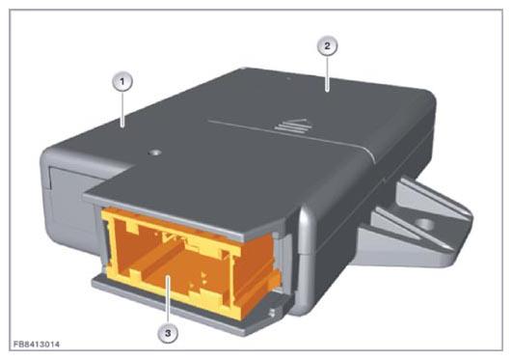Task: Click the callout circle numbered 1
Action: (x=122, y=81)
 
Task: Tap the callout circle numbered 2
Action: (x=327, y=46)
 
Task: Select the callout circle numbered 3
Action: (x=168, y=333)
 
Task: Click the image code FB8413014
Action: (x=37, y=345)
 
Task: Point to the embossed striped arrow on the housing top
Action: (x=294, y=125)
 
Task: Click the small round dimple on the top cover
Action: (x=155, y=152)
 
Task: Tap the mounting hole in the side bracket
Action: (x=424, y=224)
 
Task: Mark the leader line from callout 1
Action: (x=122, y=109)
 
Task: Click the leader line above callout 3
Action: (x=168, y=299)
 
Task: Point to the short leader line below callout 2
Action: (x=327, y=74)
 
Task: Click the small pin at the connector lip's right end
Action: (x=272, y=314)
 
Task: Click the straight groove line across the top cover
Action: (x=288, y=134)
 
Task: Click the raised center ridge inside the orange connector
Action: (x=162, y=259)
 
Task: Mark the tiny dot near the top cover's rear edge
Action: (x=288, y=79)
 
